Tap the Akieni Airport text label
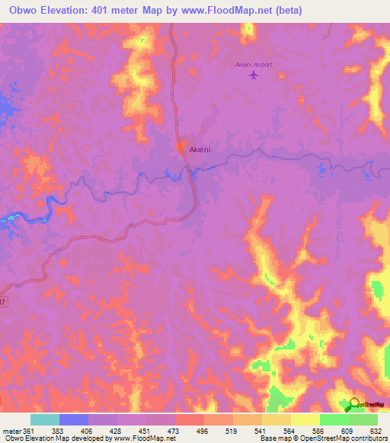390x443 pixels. (252, 65)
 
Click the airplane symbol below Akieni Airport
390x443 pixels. (253, 75)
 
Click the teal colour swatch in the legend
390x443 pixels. (45, 419)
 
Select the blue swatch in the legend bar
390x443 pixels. (73, 419)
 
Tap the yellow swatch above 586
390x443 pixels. (305, 419)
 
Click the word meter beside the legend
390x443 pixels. (10, 430)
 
